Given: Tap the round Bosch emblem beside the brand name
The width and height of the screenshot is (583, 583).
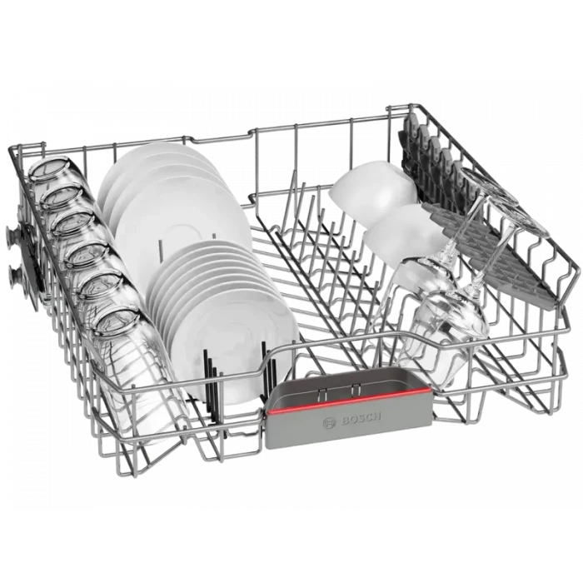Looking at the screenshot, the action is tap(330, 423).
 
